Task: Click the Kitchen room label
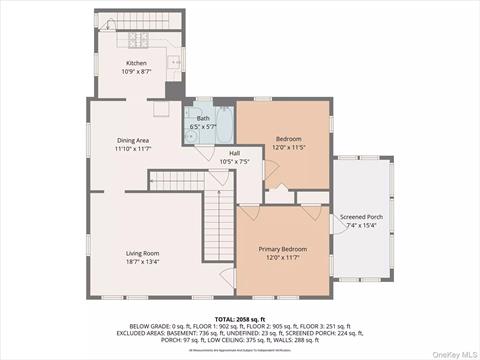pyautogui.click(x=135, y=62)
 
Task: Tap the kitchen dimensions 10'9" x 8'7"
pyautogui.click(x=135, y=71)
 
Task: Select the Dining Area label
pyautogui.click(x=132, y=141)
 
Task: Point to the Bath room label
pyautogui.click(x=203, y=118)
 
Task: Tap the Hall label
pyautogui.click(x=233, y=153)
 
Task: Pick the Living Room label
pyautogui.click(x=142, y=253)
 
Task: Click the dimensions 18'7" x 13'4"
pyautogui.click(x=142, y=262)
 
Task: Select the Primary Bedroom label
pyautogui.click(x=282, y=248)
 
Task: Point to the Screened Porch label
pyautogui.click(x=360, y=217)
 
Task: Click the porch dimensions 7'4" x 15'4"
pyautogui.click(x=360, y=226)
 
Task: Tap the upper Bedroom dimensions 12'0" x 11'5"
pyautogui.click(x=287, y=147)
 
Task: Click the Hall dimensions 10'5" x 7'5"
pyautogui.click(x=233, y=162)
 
